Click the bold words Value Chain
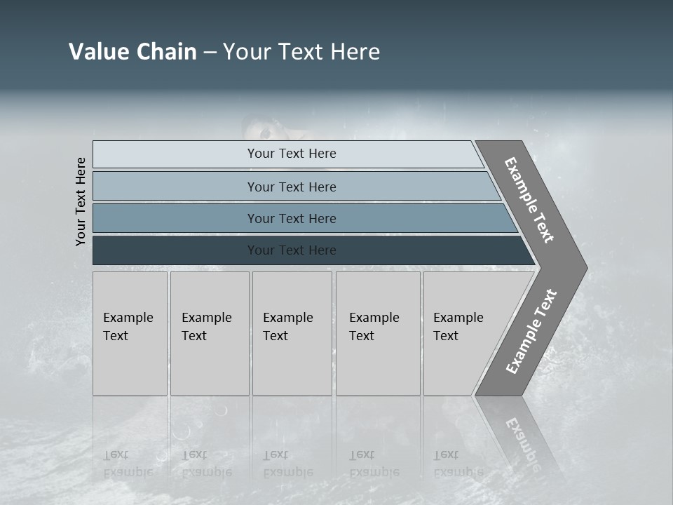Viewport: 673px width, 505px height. coord(132,52)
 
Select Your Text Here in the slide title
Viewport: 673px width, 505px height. coord(301,52)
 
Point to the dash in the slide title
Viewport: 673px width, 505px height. coord(210,53)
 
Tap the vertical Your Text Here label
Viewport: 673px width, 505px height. coord(81,201)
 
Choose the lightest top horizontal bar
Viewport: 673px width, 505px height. coord(291,154)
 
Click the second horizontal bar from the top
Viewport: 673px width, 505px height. coord(291,187)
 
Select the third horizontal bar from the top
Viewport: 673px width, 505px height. coord(291,218)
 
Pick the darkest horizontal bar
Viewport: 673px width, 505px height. coord(291,250)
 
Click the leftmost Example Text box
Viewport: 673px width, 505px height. coord(130,333)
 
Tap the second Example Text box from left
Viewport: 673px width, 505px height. coord(210,333)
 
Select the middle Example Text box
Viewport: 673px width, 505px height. coord(292,333)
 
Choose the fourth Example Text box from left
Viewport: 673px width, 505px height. coord(378,333)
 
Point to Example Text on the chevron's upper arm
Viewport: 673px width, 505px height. coord(529,200)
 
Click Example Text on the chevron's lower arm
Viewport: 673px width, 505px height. coord(531,331)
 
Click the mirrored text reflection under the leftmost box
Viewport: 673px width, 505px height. coord(128,463)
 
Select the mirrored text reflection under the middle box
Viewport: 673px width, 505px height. coord(287,463)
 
